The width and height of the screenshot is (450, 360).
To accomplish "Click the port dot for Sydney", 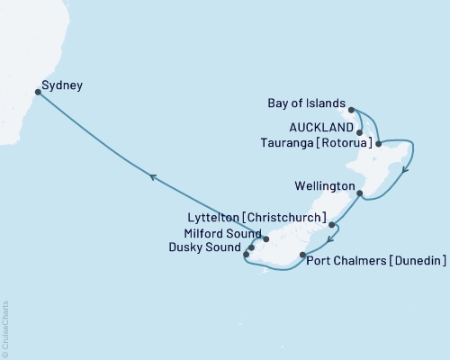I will [x=37, y=91].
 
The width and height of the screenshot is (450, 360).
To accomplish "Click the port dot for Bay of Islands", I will [x=352, y=110].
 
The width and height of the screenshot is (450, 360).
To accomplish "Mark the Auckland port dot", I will [x=360, y=132].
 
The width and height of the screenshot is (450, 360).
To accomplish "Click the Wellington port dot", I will [x=359, y=193].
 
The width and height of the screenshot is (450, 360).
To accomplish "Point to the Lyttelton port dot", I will [x=332, y=225].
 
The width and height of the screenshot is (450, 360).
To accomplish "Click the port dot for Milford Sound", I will [x=265, y=239].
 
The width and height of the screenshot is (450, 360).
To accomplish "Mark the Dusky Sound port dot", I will [x=246, y=254].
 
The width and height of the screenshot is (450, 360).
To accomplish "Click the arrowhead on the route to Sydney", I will [x=153, y=178].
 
